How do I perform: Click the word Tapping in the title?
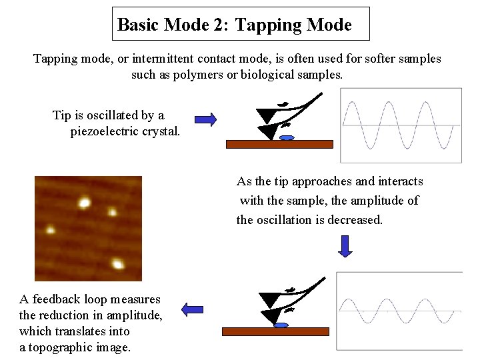[264, 25]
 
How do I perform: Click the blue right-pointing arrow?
[206, 119]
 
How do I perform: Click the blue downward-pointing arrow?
[344, 246]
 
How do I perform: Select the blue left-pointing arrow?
[193, 309]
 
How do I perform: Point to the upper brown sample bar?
[279, 144]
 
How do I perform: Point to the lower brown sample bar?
[275, 331]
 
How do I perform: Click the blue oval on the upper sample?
[287, 138]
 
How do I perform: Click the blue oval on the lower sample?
[281, 325]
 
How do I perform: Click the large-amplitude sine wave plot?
[401, 125]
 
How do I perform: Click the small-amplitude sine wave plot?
[400, 311]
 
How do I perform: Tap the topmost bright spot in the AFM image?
[85, 201]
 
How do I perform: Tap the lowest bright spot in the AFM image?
[118, 265]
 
